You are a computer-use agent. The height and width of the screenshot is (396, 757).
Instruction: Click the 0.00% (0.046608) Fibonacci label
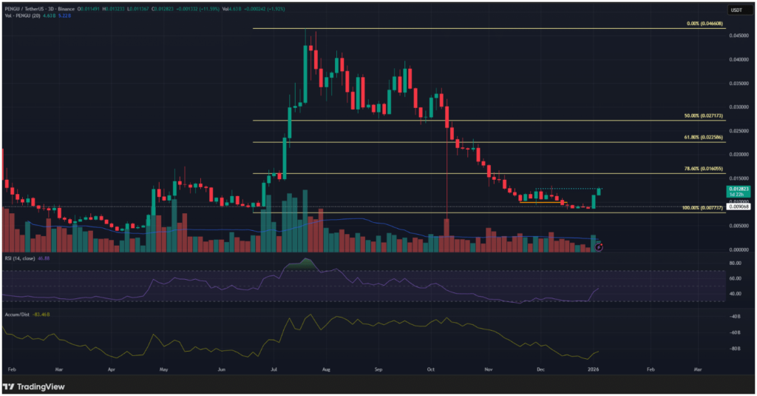[704, 24]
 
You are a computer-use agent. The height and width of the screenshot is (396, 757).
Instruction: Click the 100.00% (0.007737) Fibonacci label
[702, 209]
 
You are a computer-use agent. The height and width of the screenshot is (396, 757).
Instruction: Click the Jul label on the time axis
[274, 368]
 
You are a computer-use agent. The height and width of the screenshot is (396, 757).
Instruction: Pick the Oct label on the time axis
[431, 368]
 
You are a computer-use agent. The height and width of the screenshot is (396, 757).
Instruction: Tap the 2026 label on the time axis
[594, 368]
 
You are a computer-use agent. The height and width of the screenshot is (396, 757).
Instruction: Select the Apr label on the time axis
[112, 368]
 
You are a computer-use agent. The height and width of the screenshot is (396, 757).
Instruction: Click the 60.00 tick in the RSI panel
[736, 279]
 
